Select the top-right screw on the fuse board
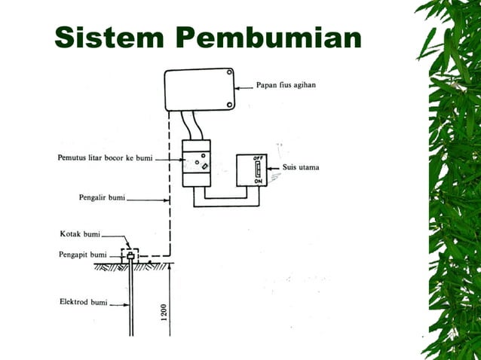tap(228, 74)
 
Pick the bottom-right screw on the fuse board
tap(228, 105)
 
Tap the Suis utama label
tap(299, 168)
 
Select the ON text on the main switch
tap(258, 182)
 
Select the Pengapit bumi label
tap(83, 255)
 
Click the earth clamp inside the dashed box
tap(130, 256)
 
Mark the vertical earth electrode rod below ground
tap(131, 301)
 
